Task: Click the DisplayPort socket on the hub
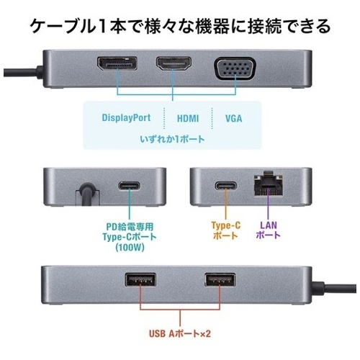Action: [117, 63]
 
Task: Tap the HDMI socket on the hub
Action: [174, 63]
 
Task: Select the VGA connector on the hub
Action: [235, 68]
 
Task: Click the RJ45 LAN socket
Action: [269, 183]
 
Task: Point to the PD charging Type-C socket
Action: [130, 186]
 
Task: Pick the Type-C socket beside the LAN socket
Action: [225, 186]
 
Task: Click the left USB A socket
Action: [140, 280]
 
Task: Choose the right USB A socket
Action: [220, 280]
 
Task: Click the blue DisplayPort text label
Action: [126, 117]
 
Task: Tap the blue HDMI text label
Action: [188, 118]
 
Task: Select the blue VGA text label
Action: [233, 118]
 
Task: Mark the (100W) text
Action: [130, 247]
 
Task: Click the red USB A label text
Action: [180, 333]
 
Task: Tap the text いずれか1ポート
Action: [172, 139]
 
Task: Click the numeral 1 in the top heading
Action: [102, 26]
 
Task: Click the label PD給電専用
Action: [130, 226]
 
